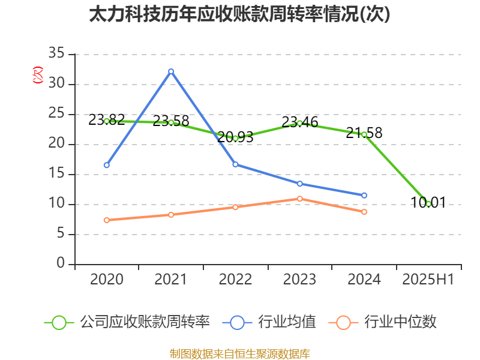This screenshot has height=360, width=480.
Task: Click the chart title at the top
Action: [x=239, y=14]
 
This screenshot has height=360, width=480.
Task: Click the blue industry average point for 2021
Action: [x=171, y=71]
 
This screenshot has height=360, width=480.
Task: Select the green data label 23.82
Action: [x=107, y=120]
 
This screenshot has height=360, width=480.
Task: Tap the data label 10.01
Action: [x=428, y=203]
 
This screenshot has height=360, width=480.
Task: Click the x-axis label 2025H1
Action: [x=428, y=280]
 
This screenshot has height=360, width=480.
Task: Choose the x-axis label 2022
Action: [x=235, y=280]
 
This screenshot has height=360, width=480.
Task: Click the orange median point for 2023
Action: [x=300, y=199]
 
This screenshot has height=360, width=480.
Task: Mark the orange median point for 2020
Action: [x=107, y=220]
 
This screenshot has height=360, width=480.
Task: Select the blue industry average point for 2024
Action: [x=364, y=195]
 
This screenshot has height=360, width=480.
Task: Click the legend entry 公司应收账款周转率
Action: [x=129, y=322]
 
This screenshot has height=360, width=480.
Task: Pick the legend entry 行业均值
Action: [x=270, y=322]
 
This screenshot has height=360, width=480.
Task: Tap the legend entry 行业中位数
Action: [x=384, y=322]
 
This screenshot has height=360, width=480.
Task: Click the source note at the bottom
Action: [x=239, y=353]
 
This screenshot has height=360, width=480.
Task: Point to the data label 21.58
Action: [x=364, y=133]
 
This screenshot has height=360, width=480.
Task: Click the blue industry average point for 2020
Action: [x=107, y=165]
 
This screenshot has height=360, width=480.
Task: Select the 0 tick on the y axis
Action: [x=61, y=264]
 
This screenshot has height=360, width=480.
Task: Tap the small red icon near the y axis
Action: [x=37, y=75]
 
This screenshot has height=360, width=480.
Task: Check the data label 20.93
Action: [x=235, y=137]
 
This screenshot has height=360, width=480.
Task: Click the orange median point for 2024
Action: [x=364, y=212]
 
